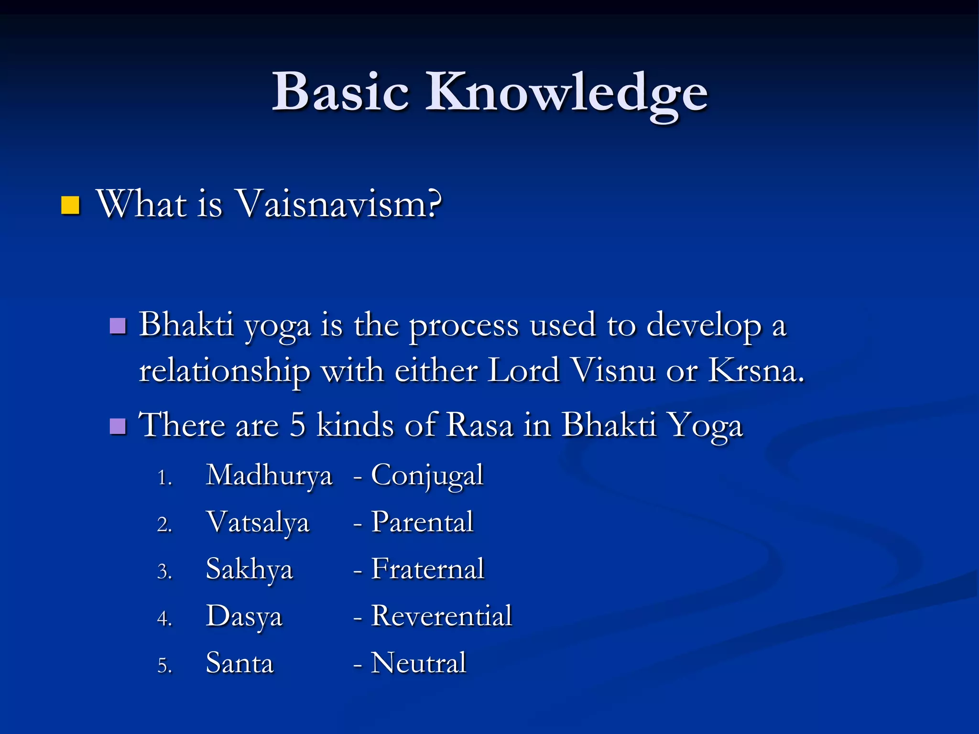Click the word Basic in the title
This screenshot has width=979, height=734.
pyautogui.click(x=340, y=92)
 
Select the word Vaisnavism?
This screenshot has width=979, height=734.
pyautogui.click(x=339, y=204)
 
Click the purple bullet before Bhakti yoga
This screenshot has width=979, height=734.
pyautogui.click(x=118, y=326)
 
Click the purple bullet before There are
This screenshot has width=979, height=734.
pyautogui.click(x=118, y=426)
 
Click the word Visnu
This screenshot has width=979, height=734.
pyautogui.click(x=613, y=370)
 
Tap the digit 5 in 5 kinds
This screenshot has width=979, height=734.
pyautogui.click(x=297, y=424)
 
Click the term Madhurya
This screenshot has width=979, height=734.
pyautogui.click(x=269, y=475)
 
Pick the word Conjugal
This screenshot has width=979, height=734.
pyautogui.click(x=427, y=475)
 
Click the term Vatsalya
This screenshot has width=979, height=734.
pyautogui.click(x=258, y=522)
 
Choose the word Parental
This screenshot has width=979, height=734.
pyautogui.click(x=422, y=522)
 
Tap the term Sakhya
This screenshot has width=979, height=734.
pyautogui.click(x=249, y=569)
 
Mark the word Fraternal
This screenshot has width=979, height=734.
pyautogui.click(x=427, y=569)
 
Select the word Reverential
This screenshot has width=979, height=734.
pyautogui.click(x=441, y=616)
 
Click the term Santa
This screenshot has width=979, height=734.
pyautogui.click(x=239, y=663)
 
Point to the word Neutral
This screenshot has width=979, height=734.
pyautogui.click(x=418, y=663)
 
